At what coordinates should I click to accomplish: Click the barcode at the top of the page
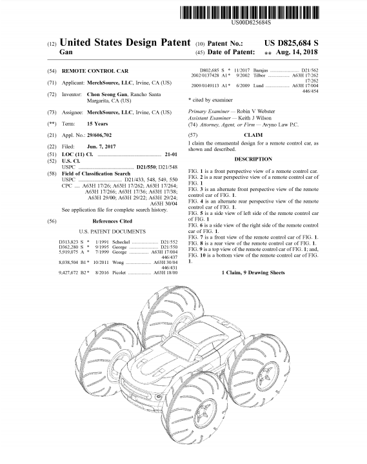250,13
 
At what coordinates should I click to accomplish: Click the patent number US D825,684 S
292,43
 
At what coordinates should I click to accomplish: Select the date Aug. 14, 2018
297,52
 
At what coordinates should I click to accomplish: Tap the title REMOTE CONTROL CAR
95,71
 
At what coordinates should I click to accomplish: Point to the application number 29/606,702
99,136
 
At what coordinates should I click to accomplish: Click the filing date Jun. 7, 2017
101,146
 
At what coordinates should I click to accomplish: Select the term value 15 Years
97,124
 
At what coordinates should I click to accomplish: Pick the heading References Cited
112,221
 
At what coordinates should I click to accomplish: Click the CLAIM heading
253,135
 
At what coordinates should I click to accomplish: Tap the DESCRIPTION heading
253,159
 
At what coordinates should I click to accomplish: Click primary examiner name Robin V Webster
256,111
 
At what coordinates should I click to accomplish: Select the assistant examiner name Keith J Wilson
255,118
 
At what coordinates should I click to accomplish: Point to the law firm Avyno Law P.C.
281,125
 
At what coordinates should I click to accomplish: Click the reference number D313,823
68,242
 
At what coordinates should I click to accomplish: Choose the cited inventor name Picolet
119,272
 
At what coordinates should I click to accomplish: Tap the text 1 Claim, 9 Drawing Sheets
253,272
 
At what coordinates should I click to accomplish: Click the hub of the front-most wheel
205,411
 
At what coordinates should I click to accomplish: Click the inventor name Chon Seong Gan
107,94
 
